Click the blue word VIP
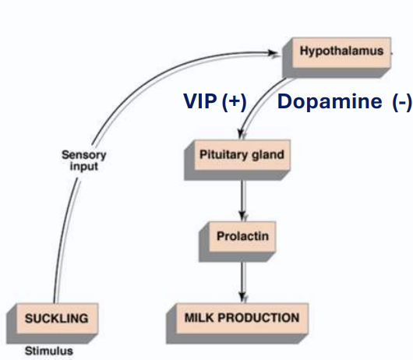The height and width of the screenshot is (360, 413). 199,102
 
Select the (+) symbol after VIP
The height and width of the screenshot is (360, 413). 233,102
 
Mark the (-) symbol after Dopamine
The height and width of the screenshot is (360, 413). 399,102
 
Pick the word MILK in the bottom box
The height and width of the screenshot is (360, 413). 200,318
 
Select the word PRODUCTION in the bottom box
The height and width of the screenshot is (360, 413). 258,318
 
